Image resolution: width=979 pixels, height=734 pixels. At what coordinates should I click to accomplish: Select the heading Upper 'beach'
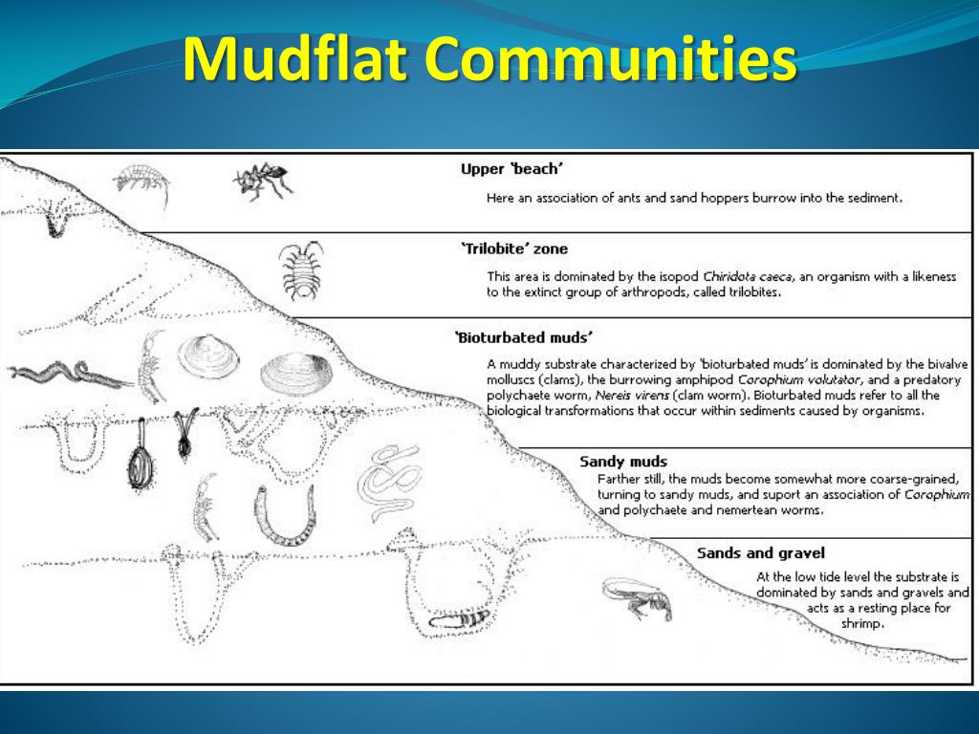coord(511,169)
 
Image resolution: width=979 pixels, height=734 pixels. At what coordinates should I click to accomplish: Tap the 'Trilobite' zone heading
coord(514,249)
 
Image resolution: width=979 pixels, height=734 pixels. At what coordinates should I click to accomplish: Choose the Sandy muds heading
coord(623,462)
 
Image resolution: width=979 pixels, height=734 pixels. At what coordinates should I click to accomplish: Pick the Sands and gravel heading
coord(760,552)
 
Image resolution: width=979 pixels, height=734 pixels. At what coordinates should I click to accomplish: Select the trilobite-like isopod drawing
coord(301,270)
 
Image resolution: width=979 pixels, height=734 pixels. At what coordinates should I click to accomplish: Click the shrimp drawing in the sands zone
coord(638,597)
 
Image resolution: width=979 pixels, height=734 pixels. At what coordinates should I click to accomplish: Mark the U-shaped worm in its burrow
coord(283,512)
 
